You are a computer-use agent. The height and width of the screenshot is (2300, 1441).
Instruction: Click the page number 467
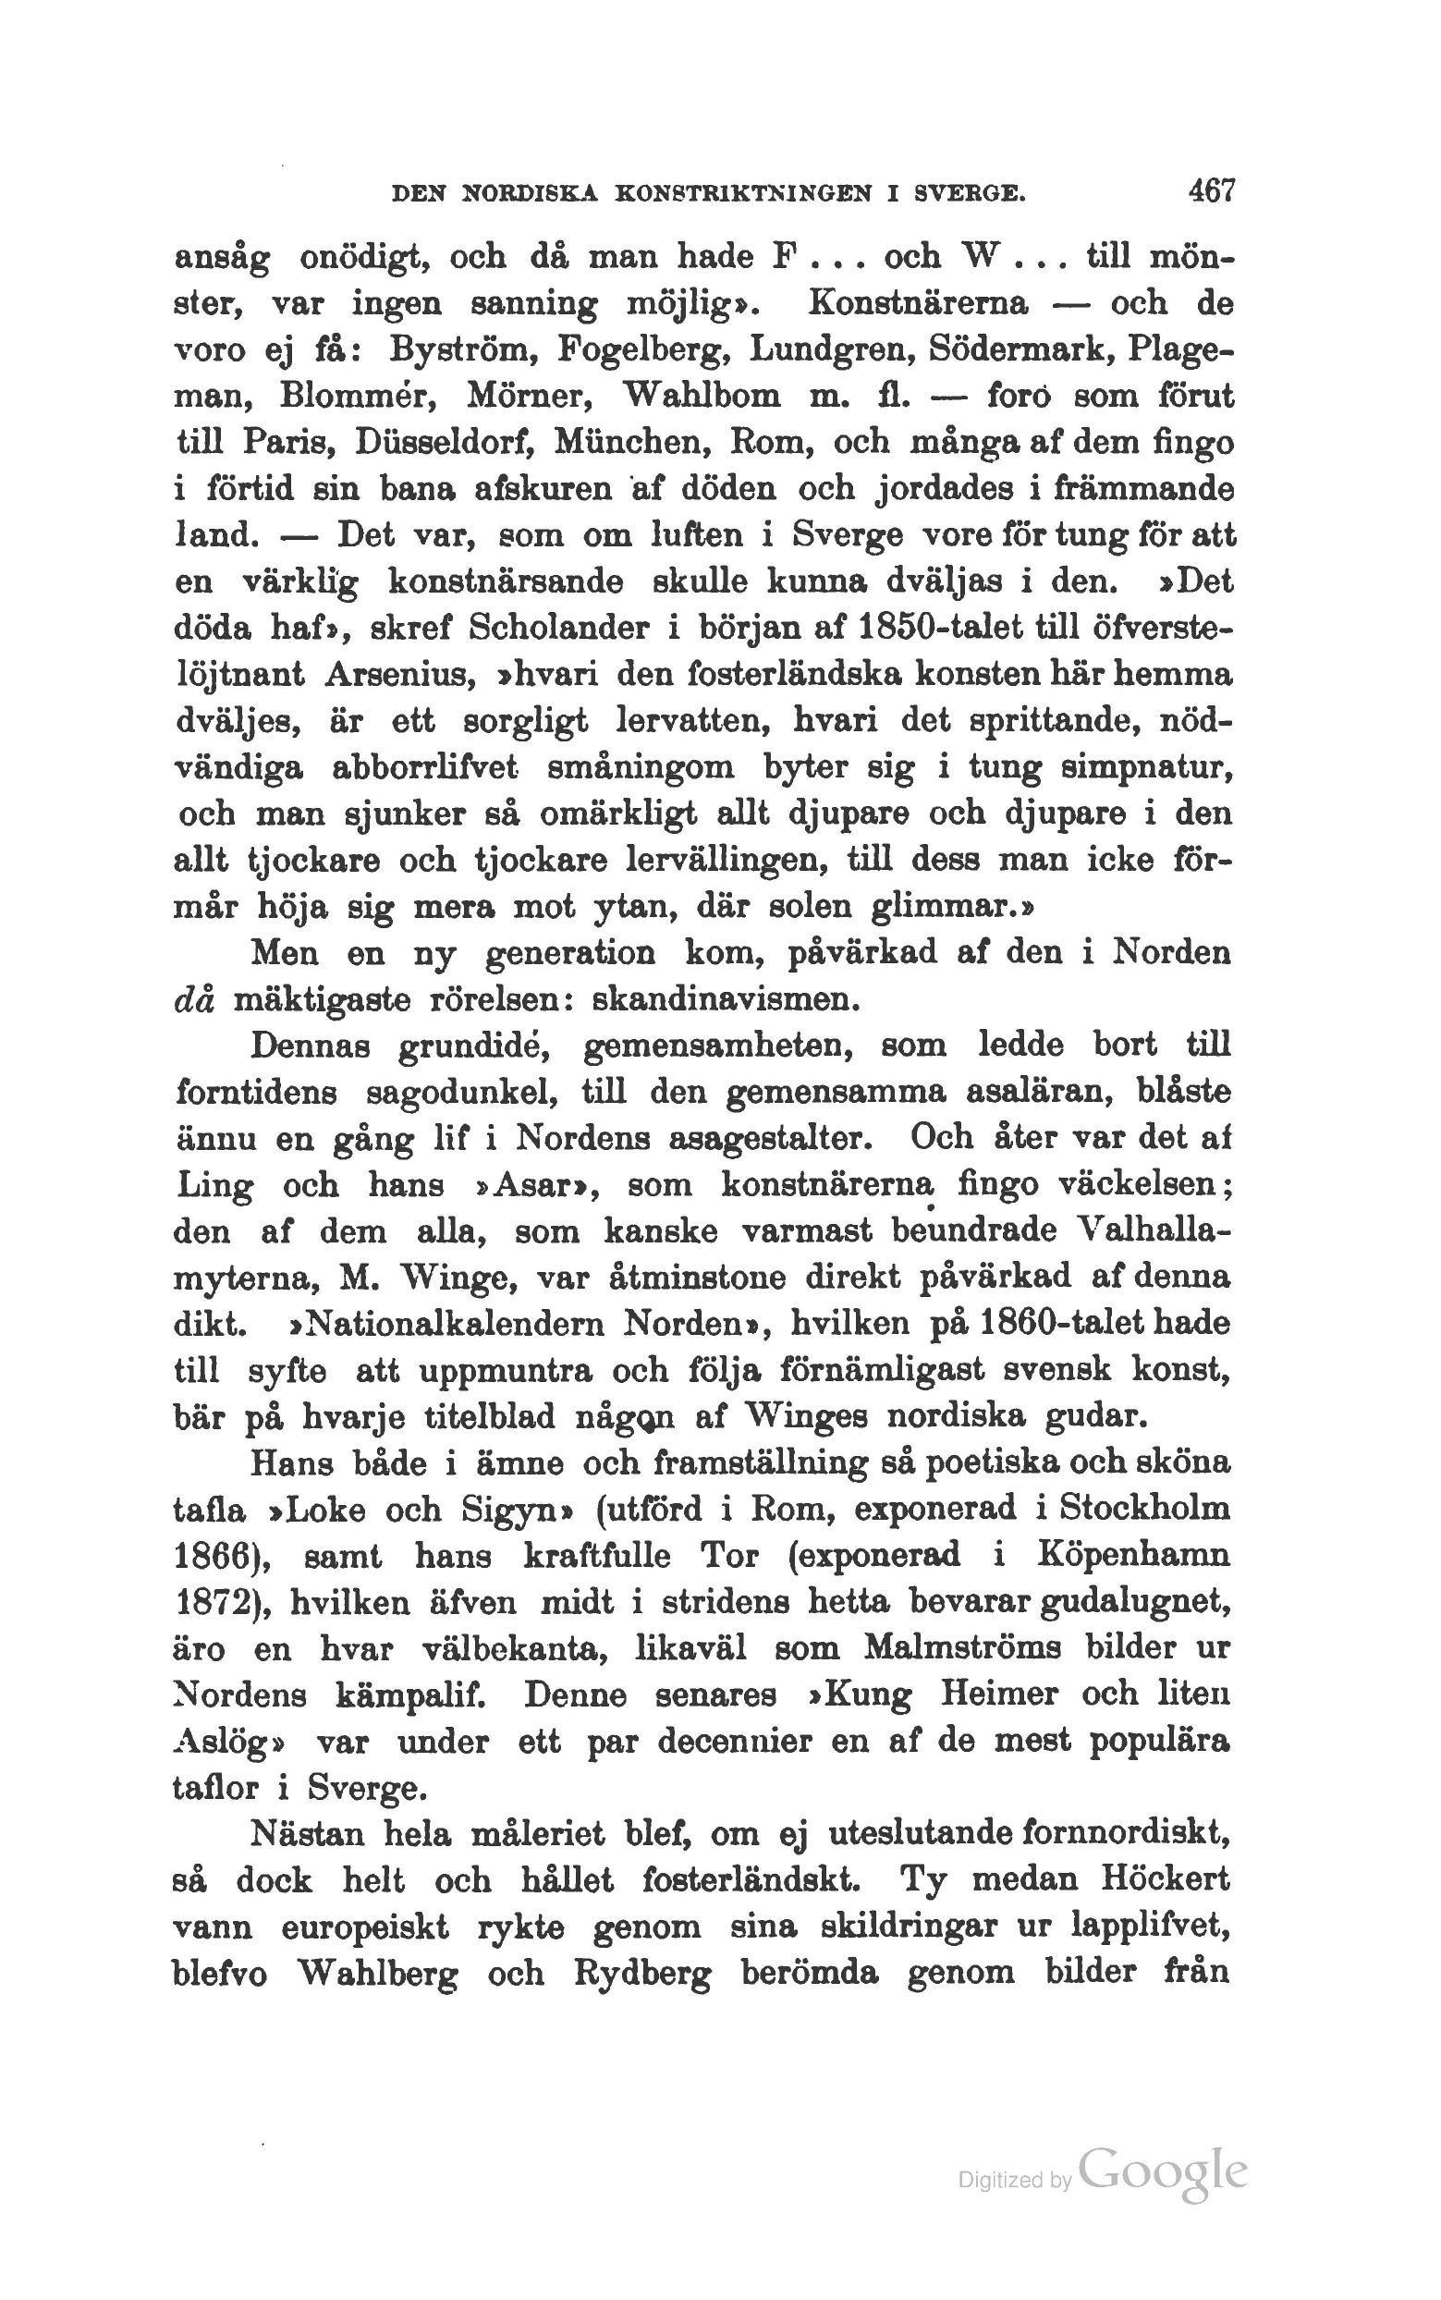pos(1210,190)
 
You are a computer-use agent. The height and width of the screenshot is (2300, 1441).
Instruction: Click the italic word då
pos(194,1001)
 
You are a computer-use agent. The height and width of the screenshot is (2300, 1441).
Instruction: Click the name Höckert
pos(1163,1880)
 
